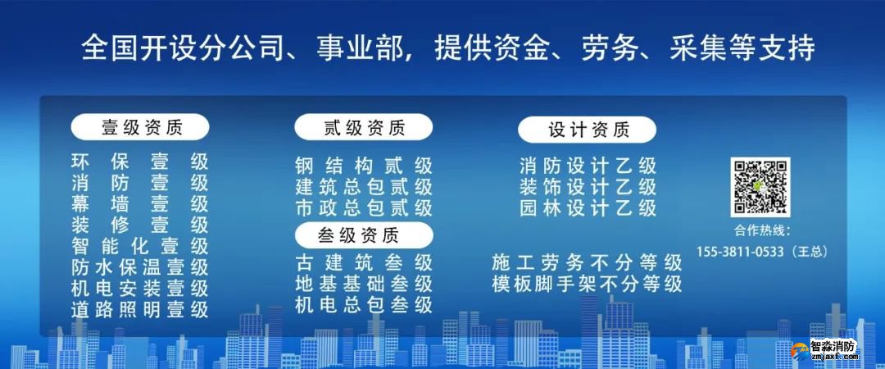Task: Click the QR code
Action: pos(760,188)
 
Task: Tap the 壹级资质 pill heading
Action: pos(140,127)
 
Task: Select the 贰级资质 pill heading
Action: pos(363,127)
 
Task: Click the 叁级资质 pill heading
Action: pos(363,235)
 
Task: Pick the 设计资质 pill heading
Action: pos(588,130)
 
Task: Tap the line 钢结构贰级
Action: pos(363,166)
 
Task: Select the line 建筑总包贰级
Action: pos(363,187)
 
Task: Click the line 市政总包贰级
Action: pos(363,208)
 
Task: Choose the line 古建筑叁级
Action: pos(363,263)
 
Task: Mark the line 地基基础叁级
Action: pos(363,285)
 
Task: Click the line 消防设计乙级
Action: pos(588,166)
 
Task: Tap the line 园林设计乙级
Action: pos(588,208)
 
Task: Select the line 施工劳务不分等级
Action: pos(588,263)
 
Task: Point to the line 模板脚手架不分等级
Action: pos(588,285)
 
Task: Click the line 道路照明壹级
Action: pos(140,310)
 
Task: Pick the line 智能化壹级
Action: pos(140,246)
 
